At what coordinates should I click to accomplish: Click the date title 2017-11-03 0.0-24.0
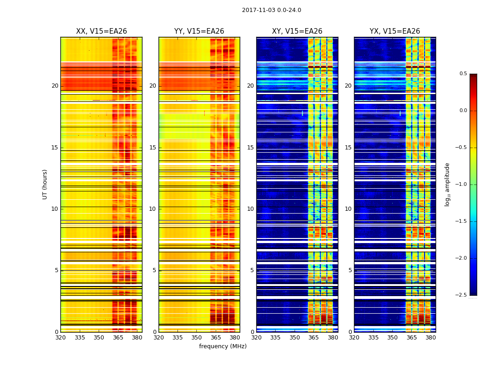point(272,10)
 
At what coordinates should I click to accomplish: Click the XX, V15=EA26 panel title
point(101,31)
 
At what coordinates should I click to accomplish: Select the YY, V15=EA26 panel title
point(199,31)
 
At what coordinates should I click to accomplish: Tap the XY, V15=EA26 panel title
point(297,31)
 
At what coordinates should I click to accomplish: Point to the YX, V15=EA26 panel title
point(395,31)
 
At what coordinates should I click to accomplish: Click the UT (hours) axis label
point(45,184)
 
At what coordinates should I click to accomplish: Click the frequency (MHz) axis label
point(223,346)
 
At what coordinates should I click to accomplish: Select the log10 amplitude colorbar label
point(447,184)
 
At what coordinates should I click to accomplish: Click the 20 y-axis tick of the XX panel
point(55,86)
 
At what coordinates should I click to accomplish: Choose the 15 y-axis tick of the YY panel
point(153,148)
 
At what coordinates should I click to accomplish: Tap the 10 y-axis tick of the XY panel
point(250,209)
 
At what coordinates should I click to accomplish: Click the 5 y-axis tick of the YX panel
point(350,270)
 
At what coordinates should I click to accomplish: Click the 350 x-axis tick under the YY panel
point(197,337)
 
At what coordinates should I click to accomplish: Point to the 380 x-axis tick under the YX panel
point(431,337)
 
